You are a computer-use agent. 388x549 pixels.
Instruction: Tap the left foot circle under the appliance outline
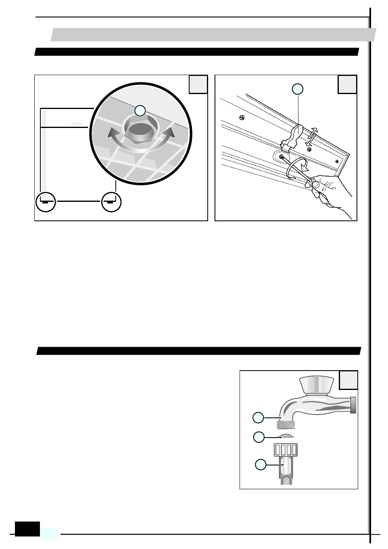pyautogui.click(x=45, y=201)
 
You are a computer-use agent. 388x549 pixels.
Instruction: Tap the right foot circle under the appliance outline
pyautogui.click(x=111, y=201)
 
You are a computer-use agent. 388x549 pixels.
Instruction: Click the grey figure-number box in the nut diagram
pyautogui.click(x=198, y=84)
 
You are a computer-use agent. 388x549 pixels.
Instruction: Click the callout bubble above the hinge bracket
pyautogui.click(x=298, y=89)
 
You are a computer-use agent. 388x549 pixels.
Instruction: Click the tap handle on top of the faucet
pyautogui.click(x=317, y=383)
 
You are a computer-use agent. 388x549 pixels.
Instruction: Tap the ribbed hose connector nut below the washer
pyautogui.click(x=286, y=450)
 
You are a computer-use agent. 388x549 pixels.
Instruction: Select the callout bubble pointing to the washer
pyautogui.click(x=259, y=437)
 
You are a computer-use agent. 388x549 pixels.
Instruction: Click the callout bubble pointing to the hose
pyautogui.click(x=261, y=465)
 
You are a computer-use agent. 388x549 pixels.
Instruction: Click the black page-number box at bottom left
pyautogui.click(x=27, y=529)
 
